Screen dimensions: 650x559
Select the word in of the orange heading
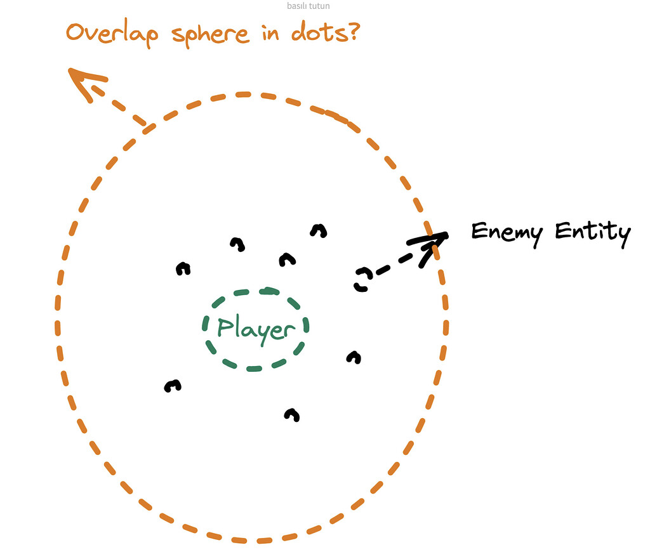[x=270, y=32]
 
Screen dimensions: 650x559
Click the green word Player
[x=256, y=329]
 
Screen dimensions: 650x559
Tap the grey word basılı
[x=297, y=6]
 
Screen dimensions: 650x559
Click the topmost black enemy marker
[x=319, y=230]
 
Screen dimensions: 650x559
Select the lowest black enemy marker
[x=292, y=415]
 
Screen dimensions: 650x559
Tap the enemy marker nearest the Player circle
[x=288, y=260]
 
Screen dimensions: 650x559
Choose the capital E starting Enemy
[x=479, y=231]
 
